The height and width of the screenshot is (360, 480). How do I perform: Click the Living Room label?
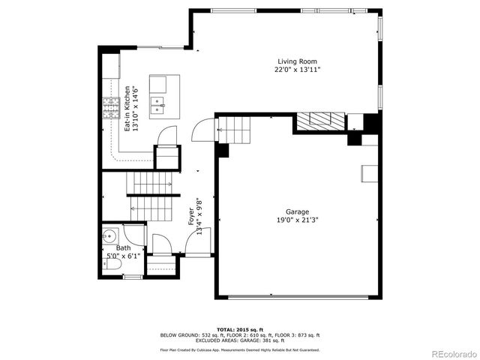tap(298, 61)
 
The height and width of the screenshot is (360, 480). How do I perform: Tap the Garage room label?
tap(297, 211)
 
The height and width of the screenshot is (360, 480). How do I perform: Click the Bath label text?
tap(122, 247)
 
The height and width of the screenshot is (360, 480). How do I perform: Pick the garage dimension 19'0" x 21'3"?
tap(297, 220)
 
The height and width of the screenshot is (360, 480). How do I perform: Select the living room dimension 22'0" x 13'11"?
tap(298, 70)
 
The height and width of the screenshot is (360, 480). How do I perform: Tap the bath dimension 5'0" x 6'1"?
tap(122, 256)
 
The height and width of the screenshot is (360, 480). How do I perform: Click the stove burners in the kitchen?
tap(112, 109)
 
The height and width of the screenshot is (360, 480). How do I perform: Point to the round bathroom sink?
tap(109, 232)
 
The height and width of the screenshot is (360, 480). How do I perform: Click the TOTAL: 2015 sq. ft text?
tap(239, 328)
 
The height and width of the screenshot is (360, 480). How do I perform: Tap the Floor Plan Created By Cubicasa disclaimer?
tap(239, 349)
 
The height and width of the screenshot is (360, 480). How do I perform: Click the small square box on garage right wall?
tap(368, 173)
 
